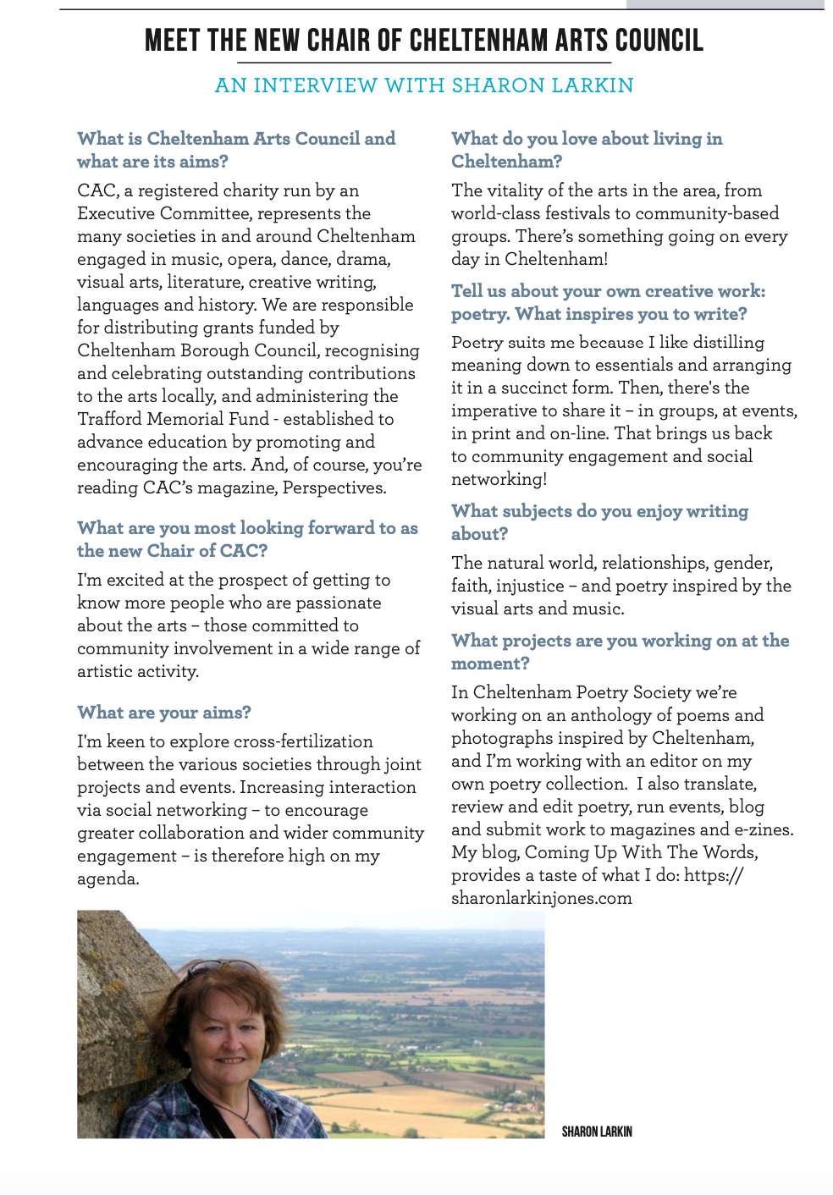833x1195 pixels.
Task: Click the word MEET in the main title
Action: click(172, 41)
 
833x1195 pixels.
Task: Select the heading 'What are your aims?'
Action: click(164, 713)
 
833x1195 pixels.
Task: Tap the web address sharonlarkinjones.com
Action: click(542, 898)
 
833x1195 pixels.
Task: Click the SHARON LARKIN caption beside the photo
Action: click(597, 1132)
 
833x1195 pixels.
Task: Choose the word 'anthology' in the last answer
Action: click(612, 715)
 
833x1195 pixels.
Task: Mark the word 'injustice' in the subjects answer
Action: click(530, 586)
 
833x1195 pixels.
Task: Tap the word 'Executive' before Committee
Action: click(113, 213)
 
